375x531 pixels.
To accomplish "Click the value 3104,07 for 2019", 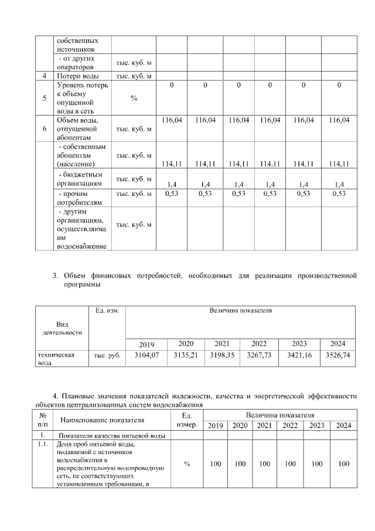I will (146, 356).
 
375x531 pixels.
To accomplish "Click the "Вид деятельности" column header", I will (62, 328).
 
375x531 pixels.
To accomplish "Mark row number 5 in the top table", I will (45, 98).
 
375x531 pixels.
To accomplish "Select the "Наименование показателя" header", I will (103, 420).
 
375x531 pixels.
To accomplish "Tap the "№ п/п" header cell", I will (43, 420).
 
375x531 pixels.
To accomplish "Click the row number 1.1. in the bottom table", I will (43, 445).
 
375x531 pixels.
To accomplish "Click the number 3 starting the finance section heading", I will (55, 275).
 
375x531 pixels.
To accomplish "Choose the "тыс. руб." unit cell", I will (107, 356).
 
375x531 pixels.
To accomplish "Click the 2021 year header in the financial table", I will (222, 344).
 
